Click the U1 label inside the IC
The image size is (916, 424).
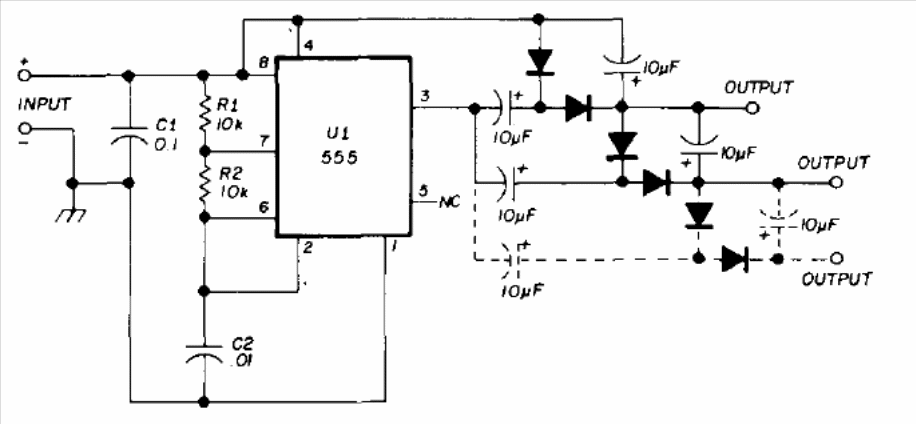(x=339, y=134)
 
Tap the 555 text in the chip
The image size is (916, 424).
(x=342, y=159)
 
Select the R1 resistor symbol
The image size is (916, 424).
(x=203, y=113)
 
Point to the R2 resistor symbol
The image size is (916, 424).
(x=203, y=182)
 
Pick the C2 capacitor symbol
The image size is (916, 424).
(x=203, y=352)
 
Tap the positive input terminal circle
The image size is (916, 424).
(x=24, y=75)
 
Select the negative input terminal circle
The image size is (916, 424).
(x=24, y=128)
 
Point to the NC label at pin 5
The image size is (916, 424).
(x=449, y=202)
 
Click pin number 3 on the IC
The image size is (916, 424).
(x=425, y=96)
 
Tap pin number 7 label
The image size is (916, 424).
(x=264, y=142)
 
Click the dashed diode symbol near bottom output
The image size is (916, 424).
(x=735, y=258)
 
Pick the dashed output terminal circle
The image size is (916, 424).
(x=837, y=258)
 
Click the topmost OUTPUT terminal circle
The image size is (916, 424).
(x=753, y=108)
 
